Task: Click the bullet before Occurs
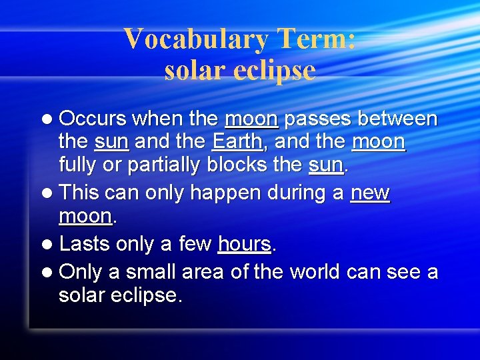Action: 49,120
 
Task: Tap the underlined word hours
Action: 245,244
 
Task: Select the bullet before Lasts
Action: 49,245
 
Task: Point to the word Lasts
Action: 85,244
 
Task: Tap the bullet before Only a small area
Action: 49,273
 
